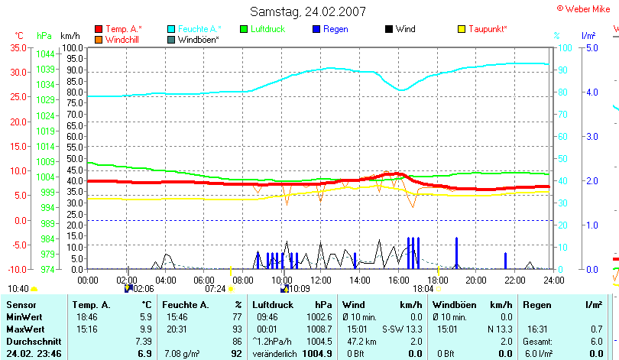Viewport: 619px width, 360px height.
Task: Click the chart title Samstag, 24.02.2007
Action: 308,11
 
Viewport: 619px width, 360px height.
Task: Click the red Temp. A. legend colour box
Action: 99,29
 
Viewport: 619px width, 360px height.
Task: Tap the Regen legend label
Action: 335,29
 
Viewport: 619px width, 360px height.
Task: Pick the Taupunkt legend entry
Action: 488,29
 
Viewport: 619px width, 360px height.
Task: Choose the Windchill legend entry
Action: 122,39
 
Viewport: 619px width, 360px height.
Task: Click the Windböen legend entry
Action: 199,39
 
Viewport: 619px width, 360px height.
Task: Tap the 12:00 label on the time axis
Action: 322,280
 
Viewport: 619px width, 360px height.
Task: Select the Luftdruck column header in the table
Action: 272,305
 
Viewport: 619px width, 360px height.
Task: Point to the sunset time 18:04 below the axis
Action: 423,289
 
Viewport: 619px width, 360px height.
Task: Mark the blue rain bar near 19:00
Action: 457,253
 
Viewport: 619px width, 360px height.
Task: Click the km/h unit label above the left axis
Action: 70,36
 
